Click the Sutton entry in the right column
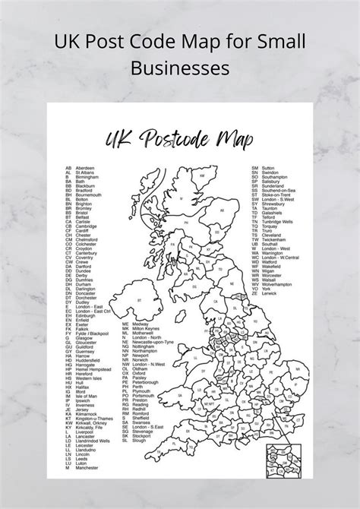tap(268, 167)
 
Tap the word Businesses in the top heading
tap(180, 68)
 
